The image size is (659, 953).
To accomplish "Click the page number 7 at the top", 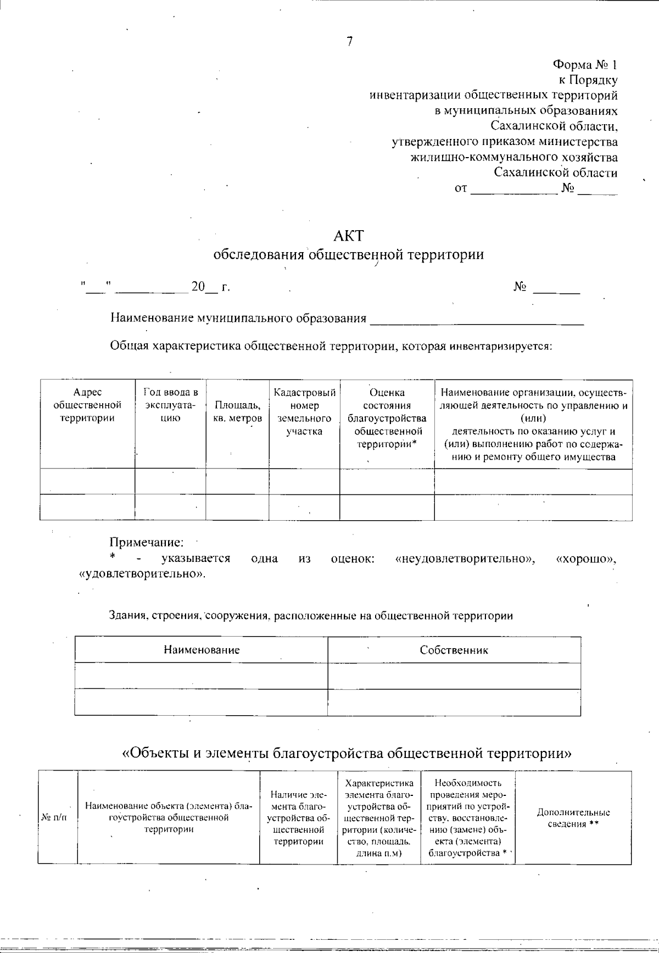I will [x=349, y=42].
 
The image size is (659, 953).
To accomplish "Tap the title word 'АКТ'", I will [x=349, y=236].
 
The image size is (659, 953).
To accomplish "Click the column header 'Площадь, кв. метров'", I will [x=237, y=411].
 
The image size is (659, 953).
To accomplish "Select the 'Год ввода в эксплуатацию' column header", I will [x=170, y=405].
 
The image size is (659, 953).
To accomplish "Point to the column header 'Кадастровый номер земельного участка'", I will [x=304, y=411].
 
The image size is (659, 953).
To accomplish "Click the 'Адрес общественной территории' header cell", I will [x=87, y=405].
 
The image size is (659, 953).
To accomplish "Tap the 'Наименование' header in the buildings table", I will [x=202, y=650].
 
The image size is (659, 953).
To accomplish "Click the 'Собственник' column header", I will [x=454, y=650].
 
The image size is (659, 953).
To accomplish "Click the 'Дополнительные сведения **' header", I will [x=573, y=818].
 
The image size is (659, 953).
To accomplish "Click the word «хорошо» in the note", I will [x=586, y=559].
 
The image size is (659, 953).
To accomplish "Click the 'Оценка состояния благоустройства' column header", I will [x=387, y=418].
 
